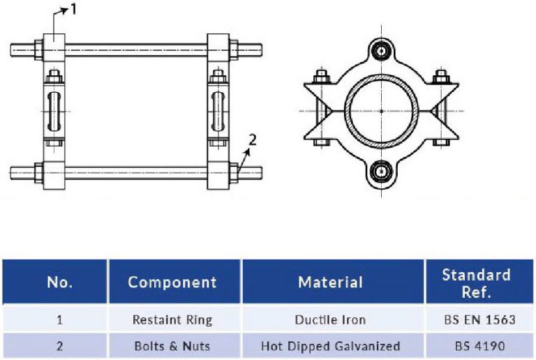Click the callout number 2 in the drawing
tap(253, 138)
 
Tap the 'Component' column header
tap(172, 282)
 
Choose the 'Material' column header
tap(331, 282)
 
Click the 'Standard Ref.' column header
tap(476, 282)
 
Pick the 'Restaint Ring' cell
tap(172, 320)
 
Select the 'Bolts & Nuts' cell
tap(172, 345)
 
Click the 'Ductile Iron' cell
tap(331, 320)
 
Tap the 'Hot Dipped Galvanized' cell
tap(331, 345)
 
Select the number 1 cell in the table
tap(59, 320)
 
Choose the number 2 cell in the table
tap(59, 345)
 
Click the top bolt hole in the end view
tap(381, 50)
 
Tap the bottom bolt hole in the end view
tap(381, 171)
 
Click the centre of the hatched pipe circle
tap(381, 111)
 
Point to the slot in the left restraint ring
tap(54, 110)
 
